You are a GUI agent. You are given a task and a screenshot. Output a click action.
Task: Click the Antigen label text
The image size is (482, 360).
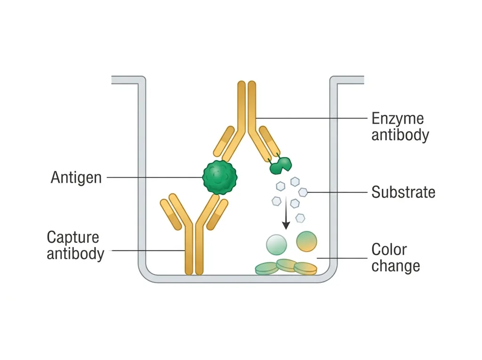pyautogui.click(x=76, y=178)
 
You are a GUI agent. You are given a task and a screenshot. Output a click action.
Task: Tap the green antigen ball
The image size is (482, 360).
pyautogui.click(x=220, y=177)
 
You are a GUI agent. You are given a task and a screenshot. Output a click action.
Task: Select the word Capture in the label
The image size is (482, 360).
pyautogui.click(x=73, y=237)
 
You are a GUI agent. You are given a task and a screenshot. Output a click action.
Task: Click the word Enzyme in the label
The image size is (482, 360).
pyautogui.click(x=397, y=119)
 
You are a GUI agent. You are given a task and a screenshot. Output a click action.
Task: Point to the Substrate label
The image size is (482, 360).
pyautogui.click(x=403, y=192)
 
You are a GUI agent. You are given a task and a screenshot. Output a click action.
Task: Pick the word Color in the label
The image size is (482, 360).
pyautogui.click(x=389, y=249)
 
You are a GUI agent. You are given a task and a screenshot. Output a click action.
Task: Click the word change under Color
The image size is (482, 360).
pyautogui.click(x=395, y=265)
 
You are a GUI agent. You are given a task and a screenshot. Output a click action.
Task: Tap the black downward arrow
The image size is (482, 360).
pyautogui.click(x=286, y=212)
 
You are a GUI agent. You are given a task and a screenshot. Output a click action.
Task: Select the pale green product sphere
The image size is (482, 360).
pyautogui.click(x=276, y=245)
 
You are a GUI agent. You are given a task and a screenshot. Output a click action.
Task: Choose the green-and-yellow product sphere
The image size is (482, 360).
pyautogui.click(x=306, y=241)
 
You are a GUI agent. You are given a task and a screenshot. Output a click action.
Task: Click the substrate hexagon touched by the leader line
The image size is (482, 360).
pyautogui.click(x=303, y=192)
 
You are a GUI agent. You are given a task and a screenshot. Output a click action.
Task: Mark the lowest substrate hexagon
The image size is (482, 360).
pyautogui.click(x=300, y=218)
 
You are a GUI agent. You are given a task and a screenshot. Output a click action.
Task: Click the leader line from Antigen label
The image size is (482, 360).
pyautogui.click(x=154, y=177)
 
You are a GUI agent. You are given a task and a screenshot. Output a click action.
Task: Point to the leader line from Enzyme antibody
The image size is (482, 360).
pyautogui.click(x=312, y=118)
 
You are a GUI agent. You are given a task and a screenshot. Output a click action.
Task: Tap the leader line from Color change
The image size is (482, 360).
pyautogui.click(x=342, y=258)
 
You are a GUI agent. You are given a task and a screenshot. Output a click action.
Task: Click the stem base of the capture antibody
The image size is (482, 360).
pyautogui.click(x=194, y=271)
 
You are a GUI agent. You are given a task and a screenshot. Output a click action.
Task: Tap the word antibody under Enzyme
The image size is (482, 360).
pyautogui.click(x=400, y=135)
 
